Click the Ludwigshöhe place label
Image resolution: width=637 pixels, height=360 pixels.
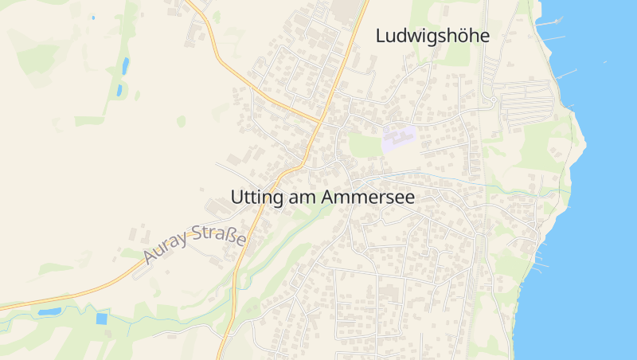(432, 36)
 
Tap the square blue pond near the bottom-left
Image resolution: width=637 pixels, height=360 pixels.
(101, 319)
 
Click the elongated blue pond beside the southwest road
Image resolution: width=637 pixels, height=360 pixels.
(49, 311)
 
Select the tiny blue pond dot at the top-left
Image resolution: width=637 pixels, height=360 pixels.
(93, 17)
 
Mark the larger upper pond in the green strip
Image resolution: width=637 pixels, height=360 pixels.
(125, 65)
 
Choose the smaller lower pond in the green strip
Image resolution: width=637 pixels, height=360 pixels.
(119, 91)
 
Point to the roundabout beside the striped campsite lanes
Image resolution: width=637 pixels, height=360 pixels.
(494, 100)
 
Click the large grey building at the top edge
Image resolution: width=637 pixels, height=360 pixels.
(346, 10)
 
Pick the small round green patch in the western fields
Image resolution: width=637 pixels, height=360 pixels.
(182, 121)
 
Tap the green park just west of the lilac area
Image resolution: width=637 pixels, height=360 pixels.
(364, 144)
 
